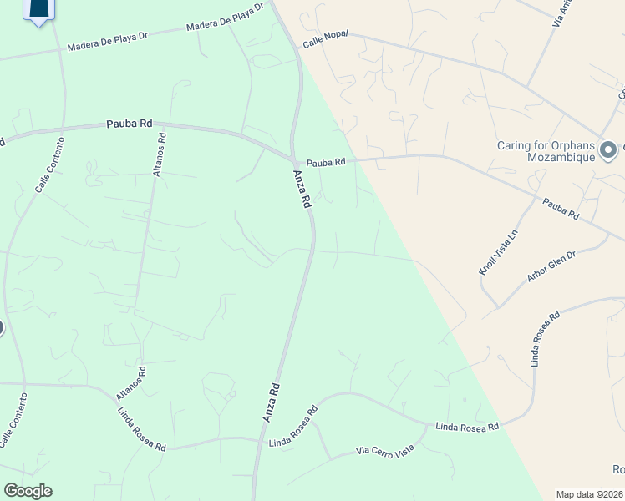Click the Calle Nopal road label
pyautogui.click(x=324, y=39)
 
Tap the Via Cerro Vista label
pyautogui.click(x=385, y=451)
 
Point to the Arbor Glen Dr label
pyautogui.click(x=551, y=266)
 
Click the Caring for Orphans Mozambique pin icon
pyautogui.click(x=608, y=151)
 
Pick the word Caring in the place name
pyautogui.click(x=515, y=144)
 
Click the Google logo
pyautogui.click(x=28, y=491)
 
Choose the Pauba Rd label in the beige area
pyautogui.click(x=561, y=209)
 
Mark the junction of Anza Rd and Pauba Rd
pyautogui.click(x=292, y=159)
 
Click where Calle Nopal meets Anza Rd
pyautogui.click(x=297, y=48)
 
